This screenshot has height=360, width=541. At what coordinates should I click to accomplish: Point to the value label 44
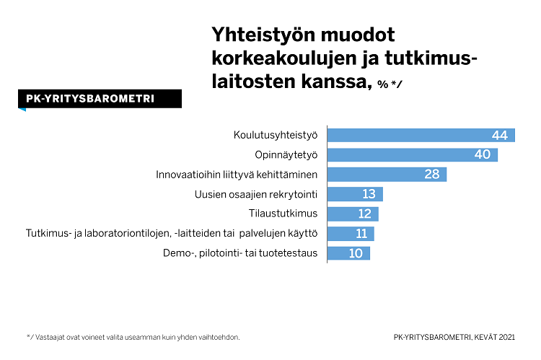[500, 135]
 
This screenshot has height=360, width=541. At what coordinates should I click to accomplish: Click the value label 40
[483, 154]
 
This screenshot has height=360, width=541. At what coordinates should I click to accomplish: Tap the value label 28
[432, 175]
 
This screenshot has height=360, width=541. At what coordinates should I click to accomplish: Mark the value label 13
[369, 194]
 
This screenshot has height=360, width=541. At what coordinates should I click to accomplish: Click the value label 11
[360, 234]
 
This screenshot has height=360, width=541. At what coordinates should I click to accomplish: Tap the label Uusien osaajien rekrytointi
[256, 194]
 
